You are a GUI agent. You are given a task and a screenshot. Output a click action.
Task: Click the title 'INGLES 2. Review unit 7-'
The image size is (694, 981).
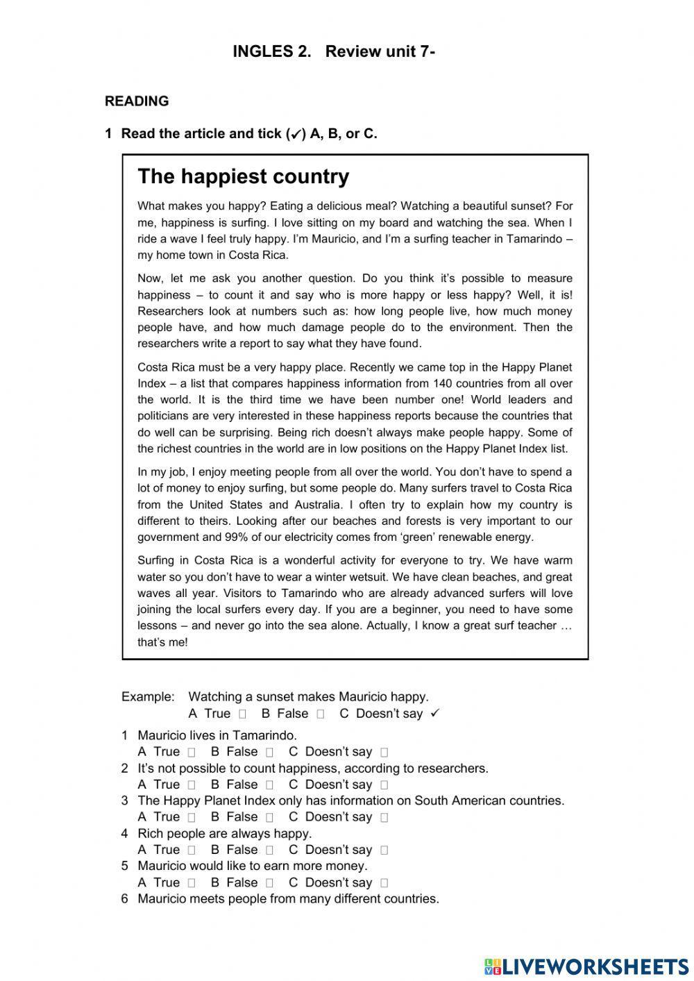[x=334, y=51]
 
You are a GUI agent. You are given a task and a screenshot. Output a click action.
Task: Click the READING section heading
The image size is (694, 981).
[x=137, y=101]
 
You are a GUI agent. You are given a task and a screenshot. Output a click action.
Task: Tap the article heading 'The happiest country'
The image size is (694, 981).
[x=244, y=176]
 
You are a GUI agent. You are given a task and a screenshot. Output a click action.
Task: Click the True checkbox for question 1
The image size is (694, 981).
[x=192, y=752]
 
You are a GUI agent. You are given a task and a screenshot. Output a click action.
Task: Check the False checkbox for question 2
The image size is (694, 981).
[x=269, y=785]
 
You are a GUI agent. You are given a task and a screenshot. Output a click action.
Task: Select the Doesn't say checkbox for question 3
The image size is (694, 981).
[x=384, y=817]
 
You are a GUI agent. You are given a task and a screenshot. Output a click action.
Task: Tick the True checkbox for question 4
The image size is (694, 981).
[x=192, y=850]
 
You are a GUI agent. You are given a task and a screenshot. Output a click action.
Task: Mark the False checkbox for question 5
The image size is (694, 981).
[x=269, y=883]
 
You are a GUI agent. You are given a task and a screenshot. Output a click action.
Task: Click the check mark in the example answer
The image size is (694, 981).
[x=435, y=713]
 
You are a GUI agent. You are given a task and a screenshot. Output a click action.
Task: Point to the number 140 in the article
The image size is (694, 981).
[x=443, y=383]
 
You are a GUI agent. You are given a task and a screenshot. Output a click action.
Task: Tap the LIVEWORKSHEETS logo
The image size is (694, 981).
[x=586, y=966]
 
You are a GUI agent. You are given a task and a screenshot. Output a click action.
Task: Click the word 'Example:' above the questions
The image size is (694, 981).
[x=148, y=696]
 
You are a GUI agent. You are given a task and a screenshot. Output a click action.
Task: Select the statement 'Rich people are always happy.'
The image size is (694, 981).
[x=225, y=833]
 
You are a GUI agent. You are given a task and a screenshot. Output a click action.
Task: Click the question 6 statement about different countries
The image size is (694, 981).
[x=288, y=899]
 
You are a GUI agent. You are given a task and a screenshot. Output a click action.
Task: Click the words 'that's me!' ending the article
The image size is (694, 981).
[x=162, y=642]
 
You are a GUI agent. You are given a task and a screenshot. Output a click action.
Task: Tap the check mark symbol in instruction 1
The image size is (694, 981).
[x=296, y=135]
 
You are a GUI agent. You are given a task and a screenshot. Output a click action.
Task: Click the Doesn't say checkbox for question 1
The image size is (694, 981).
[x=384, y=752]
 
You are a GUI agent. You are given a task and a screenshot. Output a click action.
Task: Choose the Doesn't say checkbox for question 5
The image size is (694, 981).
[x=384, y=883]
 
